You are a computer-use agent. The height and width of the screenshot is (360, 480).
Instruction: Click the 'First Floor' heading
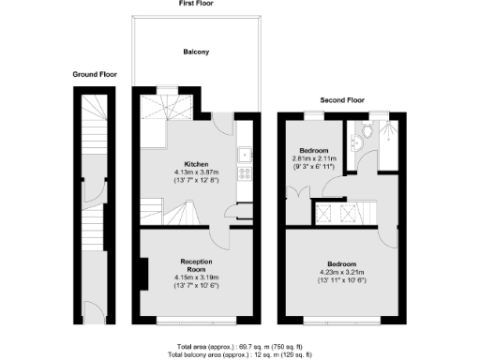[198, 4]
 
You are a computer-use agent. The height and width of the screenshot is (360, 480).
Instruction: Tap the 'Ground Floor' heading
[96, 74]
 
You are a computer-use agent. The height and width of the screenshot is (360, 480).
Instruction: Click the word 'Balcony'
[197, 52]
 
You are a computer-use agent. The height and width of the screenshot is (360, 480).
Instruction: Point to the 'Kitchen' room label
[197, 165]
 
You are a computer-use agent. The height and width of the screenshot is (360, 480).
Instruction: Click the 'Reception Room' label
[195, 264]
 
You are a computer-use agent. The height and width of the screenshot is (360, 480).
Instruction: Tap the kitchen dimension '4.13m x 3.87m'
[196, 172]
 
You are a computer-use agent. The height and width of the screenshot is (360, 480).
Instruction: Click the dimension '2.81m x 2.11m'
[312, 158]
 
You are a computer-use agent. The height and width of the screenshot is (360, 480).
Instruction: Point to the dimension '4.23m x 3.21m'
[347, 273]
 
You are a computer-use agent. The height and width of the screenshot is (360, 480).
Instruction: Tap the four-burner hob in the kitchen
[245, 172]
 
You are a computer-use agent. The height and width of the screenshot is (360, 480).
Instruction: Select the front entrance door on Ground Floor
[94, 309]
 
